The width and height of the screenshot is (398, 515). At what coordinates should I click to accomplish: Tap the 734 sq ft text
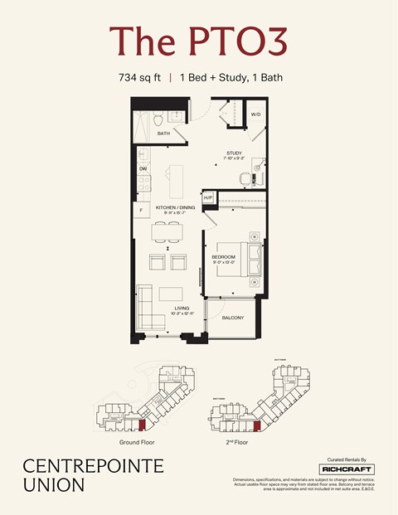click(x=140, y=79)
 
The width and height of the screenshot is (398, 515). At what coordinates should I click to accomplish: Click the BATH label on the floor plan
click(x=163, y=133)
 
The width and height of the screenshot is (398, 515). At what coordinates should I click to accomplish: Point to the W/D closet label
click(x=256, y=114)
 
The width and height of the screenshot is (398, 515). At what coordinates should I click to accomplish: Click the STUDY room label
click(x=235, y=153)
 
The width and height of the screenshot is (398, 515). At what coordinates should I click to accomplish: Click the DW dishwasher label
click(x=143, y=168)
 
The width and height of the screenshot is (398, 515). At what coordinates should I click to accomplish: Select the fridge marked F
click(x=142, y=211)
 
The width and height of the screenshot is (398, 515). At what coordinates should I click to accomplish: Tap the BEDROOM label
click(x=223, y=257)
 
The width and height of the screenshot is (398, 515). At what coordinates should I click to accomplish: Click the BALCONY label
click(x=232, y=317)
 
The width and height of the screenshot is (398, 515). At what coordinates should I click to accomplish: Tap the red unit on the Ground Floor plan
click(x=141, y=425)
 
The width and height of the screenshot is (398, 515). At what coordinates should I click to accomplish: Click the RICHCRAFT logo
click(x=347, y=469)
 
